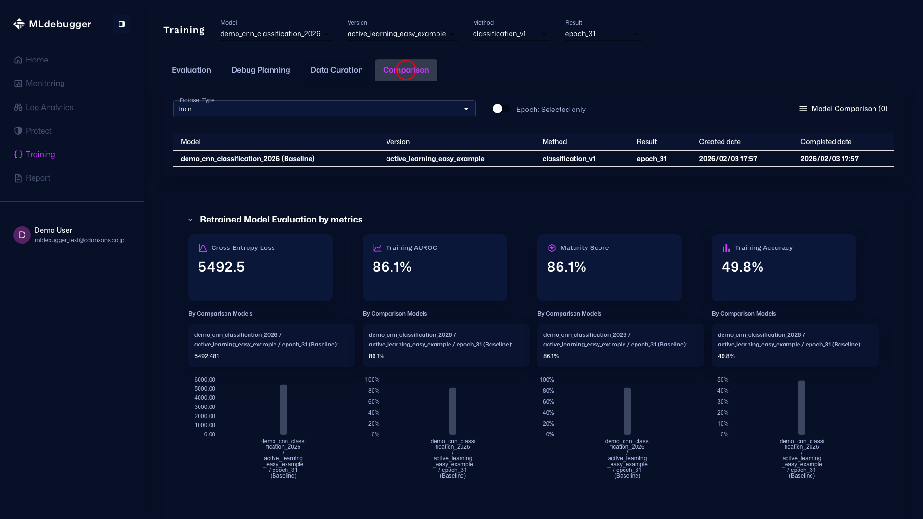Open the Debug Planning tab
261,70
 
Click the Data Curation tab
337,70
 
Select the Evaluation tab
191,70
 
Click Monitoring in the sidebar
45,84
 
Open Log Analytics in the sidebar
49,107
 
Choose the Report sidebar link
37,178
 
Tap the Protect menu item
38,131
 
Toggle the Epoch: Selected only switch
501,109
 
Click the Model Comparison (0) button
843,109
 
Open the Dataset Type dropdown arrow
466,109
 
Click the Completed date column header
825,142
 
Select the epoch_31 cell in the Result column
651,159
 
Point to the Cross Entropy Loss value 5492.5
221,267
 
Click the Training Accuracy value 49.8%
742,267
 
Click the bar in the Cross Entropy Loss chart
283,409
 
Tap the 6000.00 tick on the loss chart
204,380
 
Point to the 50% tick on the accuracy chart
723,380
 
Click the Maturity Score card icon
551,248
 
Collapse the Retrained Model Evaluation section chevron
190,220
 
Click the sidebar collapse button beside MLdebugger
121,24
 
